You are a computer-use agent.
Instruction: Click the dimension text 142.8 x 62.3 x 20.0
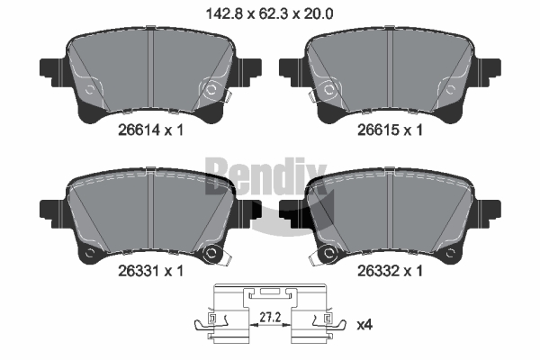coord(269,13)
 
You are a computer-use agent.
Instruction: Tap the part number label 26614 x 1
coord(150,130)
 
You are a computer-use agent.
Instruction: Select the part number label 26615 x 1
coord(390,130)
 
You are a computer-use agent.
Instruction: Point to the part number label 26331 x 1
coord(150,271)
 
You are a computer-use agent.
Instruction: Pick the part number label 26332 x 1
coord(390,271)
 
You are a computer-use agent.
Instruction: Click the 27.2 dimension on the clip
coord(270,318)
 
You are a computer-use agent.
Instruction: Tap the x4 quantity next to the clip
coord(364,325)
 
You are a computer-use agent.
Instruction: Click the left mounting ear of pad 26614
coord(52,72)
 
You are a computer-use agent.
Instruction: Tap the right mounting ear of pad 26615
coord(488,72)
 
